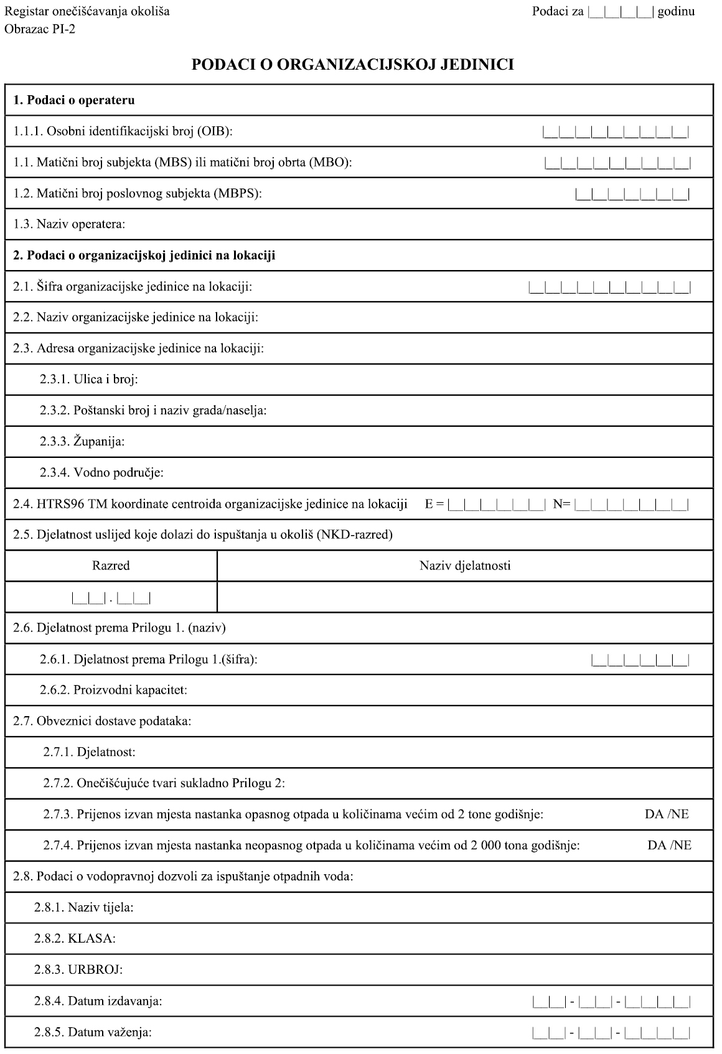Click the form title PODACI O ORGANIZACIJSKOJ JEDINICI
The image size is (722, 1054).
point(352,65)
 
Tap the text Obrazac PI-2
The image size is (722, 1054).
point(40,29)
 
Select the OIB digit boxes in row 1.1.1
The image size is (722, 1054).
point(616,132)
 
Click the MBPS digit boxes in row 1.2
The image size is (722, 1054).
point(632,194)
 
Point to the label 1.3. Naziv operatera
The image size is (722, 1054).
point(69,224)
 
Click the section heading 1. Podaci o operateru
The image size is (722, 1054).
point(74,100)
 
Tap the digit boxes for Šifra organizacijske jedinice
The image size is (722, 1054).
point(609,287)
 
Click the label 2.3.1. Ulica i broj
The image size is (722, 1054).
point(89,380)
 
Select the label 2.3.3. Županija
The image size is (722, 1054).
point(82,442)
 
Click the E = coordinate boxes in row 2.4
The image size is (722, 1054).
point(496,505)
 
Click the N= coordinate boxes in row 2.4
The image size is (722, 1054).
point(632,505)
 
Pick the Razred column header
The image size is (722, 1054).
point(111,566)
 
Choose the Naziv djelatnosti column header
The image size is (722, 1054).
point(465,566)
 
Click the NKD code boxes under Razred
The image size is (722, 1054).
point(111,599)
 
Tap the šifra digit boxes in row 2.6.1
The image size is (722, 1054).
point(640,660)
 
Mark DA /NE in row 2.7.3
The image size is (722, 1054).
point(667,814)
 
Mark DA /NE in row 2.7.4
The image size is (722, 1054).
point(669,846)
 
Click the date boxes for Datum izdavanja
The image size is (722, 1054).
point(611,1002)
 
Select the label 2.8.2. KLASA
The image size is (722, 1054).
point(75,939)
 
